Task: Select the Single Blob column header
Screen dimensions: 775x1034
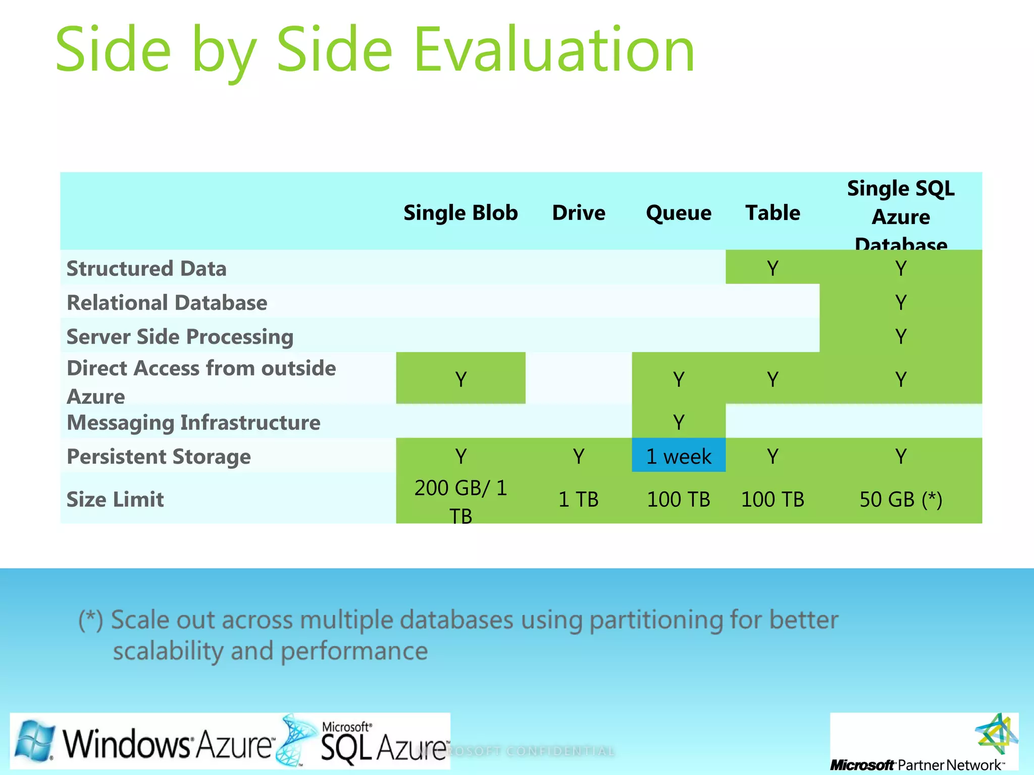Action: pos(460,213)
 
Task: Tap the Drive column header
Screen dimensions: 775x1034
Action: pos(579,213)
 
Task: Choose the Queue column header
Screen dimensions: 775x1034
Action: pos(679,213)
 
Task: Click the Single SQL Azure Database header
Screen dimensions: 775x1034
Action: pos(901,216)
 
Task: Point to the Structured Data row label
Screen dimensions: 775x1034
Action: pos(146,268)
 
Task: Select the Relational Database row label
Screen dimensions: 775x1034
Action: pos(167,303)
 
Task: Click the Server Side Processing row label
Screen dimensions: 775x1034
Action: pos(180,337)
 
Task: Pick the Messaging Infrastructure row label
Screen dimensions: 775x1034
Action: pos(193,422)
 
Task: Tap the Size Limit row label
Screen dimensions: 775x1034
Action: pos(115,500)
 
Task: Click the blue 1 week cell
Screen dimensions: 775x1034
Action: pos(679,456)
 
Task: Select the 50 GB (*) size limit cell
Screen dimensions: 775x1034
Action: pos(901,500)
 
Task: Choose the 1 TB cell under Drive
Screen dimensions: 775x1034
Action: pos(579,500)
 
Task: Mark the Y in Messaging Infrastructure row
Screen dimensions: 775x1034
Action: pos(679,422)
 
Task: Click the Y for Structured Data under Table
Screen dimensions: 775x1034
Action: pos(772,268)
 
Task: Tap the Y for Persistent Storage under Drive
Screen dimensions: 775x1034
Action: pos(579,456)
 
